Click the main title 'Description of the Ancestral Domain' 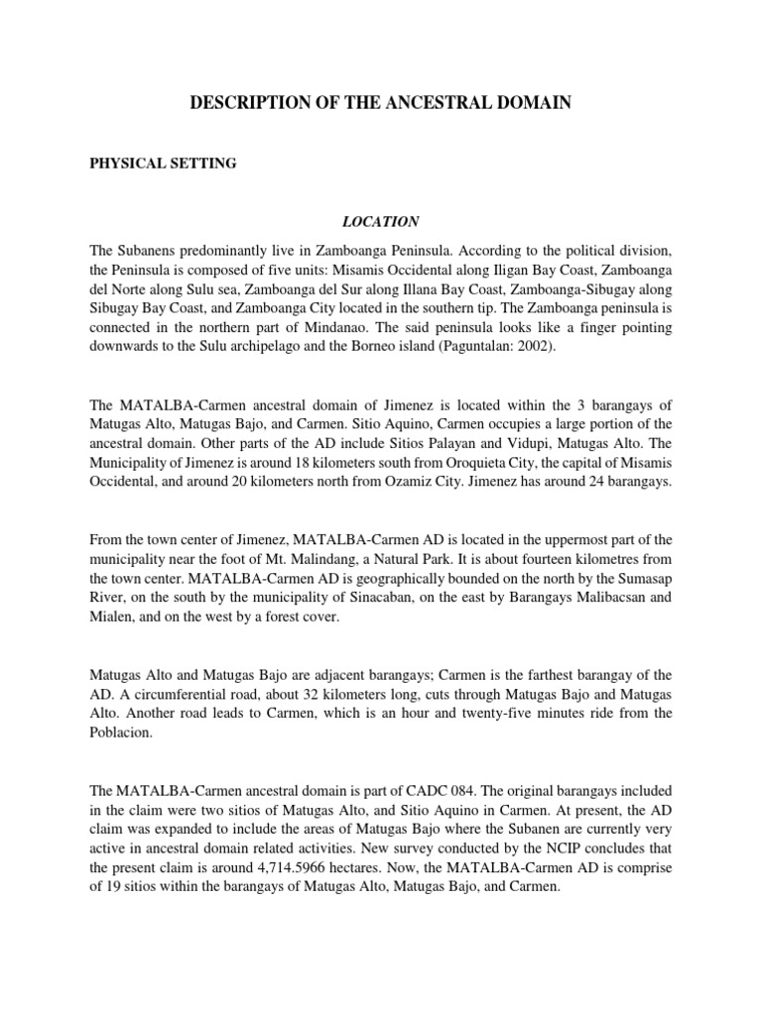pyautogui.click(x=380, y=102)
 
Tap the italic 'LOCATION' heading pyautogui.click(x=381, y=222)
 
